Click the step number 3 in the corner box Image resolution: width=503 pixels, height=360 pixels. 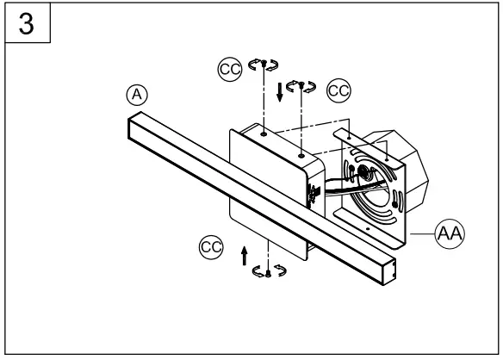[x=27, y=24]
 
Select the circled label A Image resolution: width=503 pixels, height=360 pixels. [x=137, y=95]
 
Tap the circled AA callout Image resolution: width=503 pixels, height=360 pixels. [x=450, y=233]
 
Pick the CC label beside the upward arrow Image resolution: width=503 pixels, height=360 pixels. [x=211, y=247]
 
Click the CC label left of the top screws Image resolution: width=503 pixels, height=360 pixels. [x=230, y=69]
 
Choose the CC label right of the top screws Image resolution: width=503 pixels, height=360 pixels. [x=338, y=90]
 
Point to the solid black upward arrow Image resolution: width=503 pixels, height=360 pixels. [x=245, y=256]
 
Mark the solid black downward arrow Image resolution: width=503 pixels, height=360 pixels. [x=280, y=92]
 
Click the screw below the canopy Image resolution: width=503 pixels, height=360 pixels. [x=268, y=273]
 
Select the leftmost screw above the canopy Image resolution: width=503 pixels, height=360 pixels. [x=264, y=64]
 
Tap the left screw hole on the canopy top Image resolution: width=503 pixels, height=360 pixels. [x=264, y=133]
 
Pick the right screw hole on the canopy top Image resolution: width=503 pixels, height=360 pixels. [x=301, y=156]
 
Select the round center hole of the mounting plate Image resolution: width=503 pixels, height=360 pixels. [x=364, y=172]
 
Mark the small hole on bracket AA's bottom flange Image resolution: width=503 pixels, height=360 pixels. [x=368, y=229]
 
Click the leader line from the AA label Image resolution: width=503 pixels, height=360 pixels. [x=423, y=234]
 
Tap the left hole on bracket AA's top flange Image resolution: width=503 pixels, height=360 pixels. [x=350, y=138]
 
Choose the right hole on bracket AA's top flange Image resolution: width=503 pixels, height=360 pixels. [x=387, y=159]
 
